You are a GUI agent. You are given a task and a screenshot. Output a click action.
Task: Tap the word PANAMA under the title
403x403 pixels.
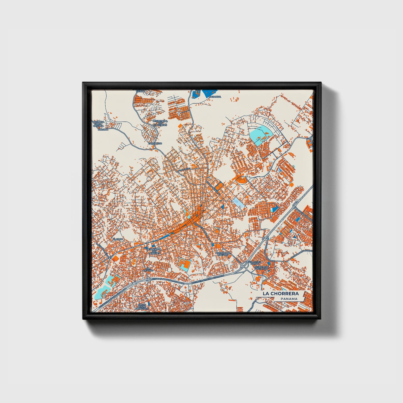(289, 299)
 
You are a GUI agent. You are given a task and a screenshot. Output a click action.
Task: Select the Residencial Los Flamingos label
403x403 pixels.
(160, 123)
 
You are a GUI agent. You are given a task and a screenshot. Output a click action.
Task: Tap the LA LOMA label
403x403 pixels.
(103, 130)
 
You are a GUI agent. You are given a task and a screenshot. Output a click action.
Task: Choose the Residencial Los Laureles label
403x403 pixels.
(154, 251)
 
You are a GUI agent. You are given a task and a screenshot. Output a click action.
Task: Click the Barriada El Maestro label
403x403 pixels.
(224, 254)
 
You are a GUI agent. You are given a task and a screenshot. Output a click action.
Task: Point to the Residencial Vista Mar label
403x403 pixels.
(262, 267)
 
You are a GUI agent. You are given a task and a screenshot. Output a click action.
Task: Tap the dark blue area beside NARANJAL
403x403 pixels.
(209, 93)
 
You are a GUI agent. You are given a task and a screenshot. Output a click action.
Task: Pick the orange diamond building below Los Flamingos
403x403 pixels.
(179, 125)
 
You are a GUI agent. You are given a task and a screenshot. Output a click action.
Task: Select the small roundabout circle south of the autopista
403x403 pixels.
(222, 290)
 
